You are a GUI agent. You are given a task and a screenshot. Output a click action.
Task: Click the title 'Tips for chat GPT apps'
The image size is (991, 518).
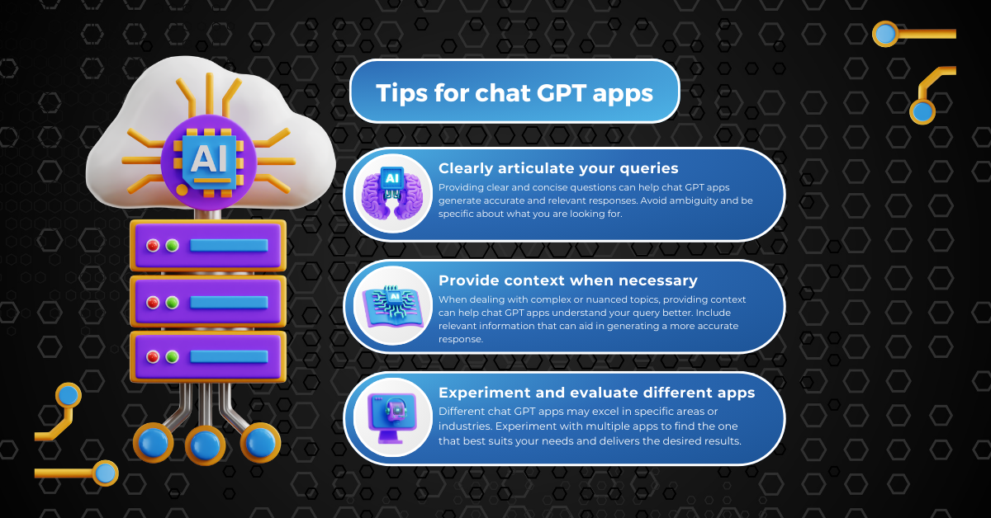(x=514, y=93)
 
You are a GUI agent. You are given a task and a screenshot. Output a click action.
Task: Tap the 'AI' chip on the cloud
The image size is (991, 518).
(x=208, y=162)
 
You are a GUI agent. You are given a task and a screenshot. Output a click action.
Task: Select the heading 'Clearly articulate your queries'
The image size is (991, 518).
(x=558, y=168)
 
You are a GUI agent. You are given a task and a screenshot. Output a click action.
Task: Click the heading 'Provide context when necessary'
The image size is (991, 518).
(x=568, y=280)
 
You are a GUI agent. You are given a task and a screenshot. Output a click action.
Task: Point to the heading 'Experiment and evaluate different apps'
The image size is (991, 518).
(x=597, y=393)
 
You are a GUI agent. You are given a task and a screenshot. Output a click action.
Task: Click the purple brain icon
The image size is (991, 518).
(x=392, y=193)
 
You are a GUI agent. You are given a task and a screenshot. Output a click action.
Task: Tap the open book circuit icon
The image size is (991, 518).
(x=393, y=306)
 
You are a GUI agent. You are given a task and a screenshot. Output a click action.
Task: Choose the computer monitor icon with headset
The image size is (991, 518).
(x=392, y=418)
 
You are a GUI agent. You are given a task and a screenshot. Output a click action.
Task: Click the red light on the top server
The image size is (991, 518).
(x=153, y=245)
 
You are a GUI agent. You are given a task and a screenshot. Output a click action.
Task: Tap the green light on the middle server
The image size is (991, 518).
(x=172, y=303)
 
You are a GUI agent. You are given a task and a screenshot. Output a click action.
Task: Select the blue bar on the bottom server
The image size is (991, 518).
(x=229, y=356)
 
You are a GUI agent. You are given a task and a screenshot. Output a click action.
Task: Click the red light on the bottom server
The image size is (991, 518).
(x=153, y=356)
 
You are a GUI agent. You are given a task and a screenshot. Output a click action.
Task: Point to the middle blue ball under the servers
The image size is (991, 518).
(x=205, y=445)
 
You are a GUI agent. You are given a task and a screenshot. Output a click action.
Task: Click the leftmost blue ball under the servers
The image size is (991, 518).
(x=153, y=442)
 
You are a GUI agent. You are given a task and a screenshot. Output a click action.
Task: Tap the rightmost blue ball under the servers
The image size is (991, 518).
(x=261, y=442)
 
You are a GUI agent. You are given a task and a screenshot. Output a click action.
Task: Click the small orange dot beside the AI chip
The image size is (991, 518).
(x=182, y=190)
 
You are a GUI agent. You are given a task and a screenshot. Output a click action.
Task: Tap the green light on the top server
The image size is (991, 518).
(x=172, y=245)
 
